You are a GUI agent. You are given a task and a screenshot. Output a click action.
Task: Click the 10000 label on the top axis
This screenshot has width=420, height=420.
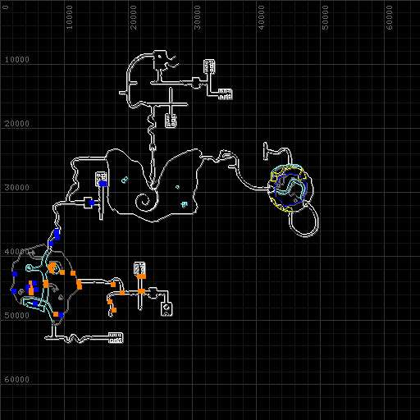70,17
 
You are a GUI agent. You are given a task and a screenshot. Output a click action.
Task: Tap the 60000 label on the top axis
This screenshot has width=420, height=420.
390,17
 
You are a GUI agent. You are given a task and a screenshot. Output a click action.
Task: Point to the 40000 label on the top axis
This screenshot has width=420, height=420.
262,17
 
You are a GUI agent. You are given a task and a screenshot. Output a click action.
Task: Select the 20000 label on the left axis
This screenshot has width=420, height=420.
17,124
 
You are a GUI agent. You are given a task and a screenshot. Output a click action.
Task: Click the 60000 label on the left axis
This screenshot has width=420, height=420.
17,380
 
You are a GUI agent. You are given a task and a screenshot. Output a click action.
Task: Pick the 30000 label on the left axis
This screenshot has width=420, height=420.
17,188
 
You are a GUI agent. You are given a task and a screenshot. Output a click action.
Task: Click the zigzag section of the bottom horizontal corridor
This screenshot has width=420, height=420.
74,339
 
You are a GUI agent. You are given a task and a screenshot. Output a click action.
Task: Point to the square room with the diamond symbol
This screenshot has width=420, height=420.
167,309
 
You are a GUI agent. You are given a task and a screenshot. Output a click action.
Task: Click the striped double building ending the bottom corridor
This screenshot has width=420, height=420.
116,338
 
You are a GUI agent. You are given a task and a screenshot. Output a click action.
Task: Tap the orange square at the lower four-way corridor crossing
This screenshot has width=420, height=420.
141,291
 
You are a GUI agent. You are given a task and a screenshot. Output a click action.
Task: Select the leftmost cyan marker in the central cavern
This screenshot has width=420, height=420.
125,180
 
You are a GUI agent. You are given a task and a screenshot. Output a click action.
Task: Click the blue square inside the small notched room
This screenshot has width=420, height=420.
92,203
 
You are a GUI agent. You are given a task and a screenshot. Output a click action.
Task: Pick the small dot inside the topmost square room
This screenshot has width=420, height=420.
160,57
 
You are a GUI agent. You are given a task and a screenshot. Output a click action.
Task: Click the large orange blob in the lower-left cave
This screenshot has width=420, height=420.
52,267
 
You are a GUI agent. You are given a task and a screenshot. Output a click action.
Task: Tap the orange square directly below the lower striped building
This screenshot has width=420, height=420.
141,276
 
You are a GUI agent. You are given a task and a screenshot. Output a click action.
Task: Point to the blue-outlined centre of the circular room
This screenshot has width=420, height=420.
291,189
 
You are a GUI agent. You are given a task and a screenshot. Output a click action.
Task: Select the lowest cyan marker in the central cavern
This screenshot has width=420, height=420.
185,204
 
